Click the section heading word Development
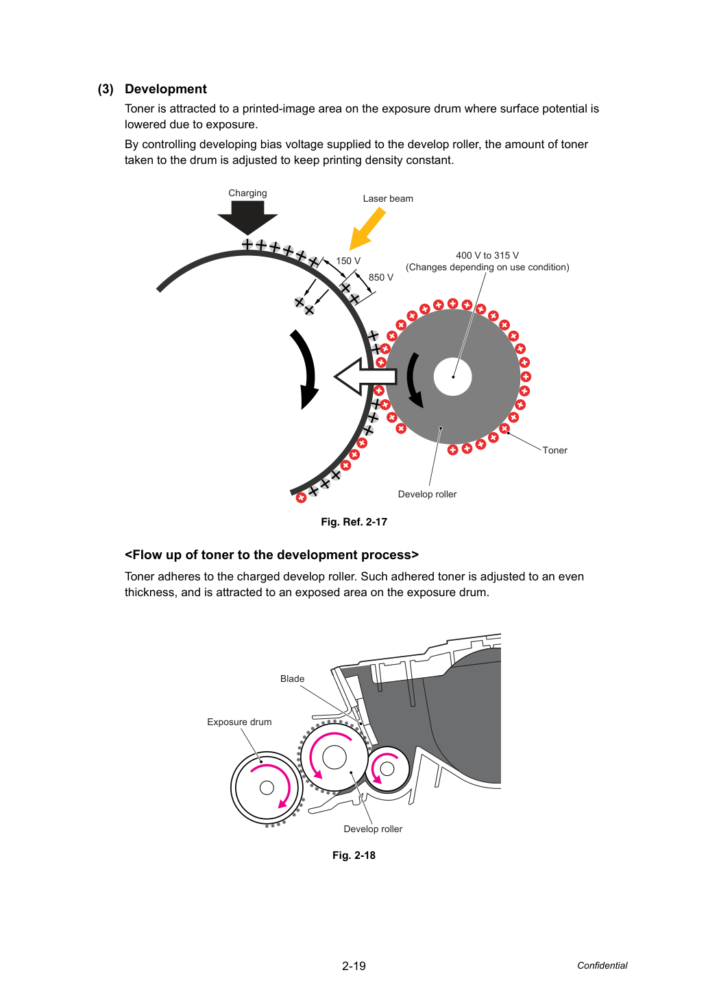pyautogui.click(x=165, y=89)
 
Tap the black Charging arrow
pyautogui.click(x=247, y=217)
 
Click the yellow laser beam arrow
pyautogui.click(x=367, y=229)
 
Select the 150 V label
pyautogui.click(x=348, y=261)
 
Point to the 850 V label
pyautogui.click(x=380, y=278)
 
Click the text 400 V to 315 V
pyautogui.click(x=487, y=256)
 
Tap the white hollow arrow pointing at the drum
pyautogui.click(x=365, y=377)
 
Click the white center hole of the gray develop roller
pyautogui.click(x=452, y=377)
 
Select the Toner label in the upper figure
pyautogui.click(x=554, y=451)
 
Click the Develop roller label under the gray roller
pyautogui.click(x=427, y=495)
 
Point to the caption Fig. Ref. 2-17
pyautogui.click(x=354, y=522)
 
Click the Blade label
pyautogui.click(x=292, y=678)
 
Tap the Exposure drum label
pyautogui.click(x=239, y=722)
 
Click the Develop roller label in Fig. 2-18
pyautogui.click(x=373, y=829)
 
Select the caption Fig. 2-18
pyautogui.click(x=354, y=855)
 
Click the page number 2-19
pyautogui.click(x=354, y=966)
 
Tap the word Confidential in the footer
pyautogui.click(x=602, y=965)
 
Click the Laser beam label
pyautogui.click(x=388, y=199)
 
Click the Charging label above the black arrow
pyautogui.click(x=247, y=193)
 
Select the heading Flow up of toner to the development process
pyautogui.click(x=271, y=555)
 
